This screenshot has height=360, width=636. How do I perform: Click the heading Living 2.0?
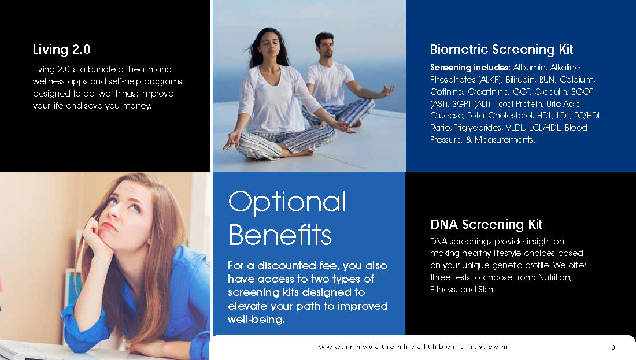(x=62, y=50)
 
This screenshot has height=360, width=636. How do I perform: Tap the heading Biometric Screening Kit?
(x=501, y=50)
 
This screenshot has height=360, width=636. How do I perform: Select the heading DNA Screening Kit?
(x=486, y=225)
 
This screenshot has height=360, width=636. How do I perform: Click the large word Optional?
(x=287, y=202)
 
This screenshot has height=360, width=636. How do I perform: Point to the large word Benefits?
(x=280, y=235)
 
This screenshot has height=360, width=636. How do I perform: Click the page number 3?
(x=613, y=347)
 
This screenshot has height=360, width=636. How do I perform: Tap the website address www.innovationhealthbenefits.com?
(x=413, y=347)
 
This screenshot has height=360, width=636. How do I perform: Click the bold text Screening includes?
(x=470, y=68)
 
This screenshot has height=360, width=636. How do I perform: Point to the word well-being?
(x=256, y=320)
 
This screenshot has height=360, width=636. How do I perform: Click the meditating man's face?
(x=325, y=46)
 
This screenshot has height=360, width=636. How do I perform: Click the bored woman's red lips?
(x=108, y=226)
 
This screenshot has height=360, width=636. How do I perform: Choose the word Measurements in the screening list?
(x=505, y=140)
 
